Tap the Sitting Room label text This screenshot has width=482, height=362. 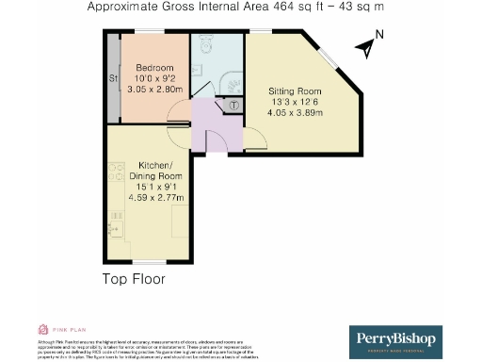[294, 91]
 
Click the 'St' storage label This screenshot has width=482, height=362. [112, 77]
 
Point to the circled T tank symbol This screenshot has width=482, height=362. [233, 106]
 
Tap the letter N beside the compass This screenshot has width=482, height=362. [378, 35]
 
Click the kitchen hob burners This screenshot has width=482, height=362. [116, 174]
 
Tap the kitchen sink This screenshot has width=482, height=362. [115, 224]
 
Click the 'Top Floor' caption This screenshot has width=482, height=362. [134, 279]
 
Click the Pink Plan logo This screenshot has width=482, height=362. [56, 329]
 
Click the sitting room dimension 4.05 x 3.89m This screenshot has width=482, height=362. [294, 112]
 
